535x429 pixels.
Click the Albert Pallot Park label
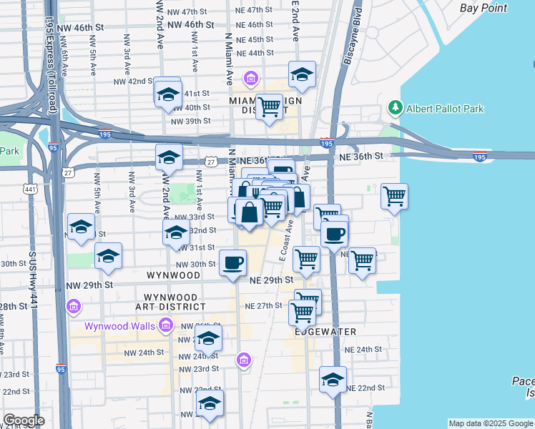445,109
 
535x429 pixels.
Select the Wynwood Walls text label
119,326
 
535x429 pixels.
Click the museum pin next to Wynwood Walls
165,326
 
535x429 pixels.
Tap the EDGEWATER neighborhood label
324,332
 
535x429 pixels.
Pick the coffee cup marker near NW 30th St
232,262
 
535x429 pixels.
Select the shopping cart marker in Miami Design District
269,107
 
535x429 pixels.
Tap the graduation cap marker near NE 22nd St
333,380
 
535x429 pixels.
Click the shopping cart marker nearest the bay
395,196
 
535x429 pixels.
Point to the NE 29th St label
271,280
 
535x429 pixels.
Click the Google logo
24,420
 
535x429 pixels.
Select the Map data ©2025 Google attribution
490,423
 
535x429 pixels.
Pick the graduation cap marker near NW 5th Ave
82,227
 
